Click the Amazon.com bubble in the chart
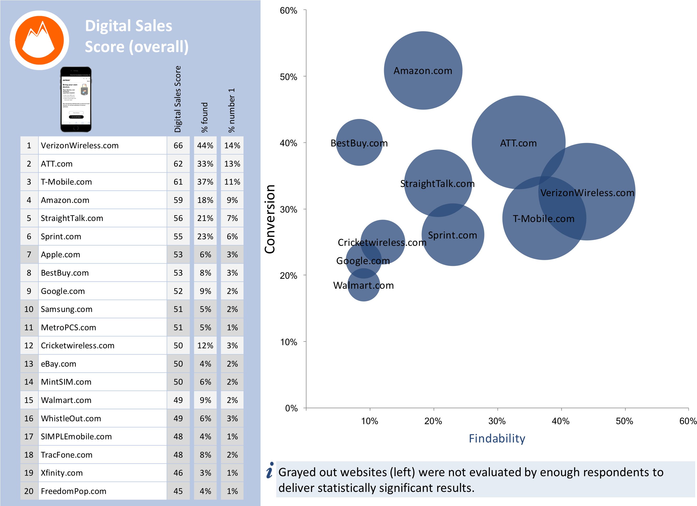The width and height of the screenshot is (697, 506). [x=423, y=71]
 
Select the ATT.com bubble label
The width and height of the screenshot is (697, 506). [x=518, y=143]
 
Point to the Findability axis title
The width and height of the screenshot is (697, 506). [x=497, y=439]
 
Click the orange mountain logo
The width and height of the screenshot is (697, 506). [x=39, y=40]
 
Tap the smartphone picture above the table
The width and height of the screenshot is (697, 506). [x=76, y=99]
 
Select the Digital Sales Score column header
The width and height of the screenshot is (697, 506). [x=178, y=99]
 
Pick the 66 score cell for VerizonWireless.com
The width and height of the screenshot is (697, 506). [x=178, y=145]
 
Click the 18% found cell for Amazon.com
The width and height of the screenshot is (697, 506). [x=205, y=200]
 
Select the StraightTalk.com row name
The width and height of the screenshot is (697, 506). [x=72, y=218]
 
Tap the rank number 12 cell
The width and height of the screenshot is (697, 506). [x=29, y=345]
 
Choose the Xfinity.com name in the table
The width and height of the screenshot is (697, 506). [x=62, y=473]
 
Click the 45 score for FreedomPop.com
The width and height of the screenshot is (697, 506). [x=178, y=491]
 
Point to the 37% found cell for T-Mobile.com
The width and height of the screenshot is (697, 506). [x=205, y=182]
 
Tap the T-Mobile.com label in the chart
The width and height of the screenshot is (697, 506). [x=543, y=219]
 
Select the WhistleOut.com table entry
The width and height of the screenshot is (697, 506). [x=71, y=419]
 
